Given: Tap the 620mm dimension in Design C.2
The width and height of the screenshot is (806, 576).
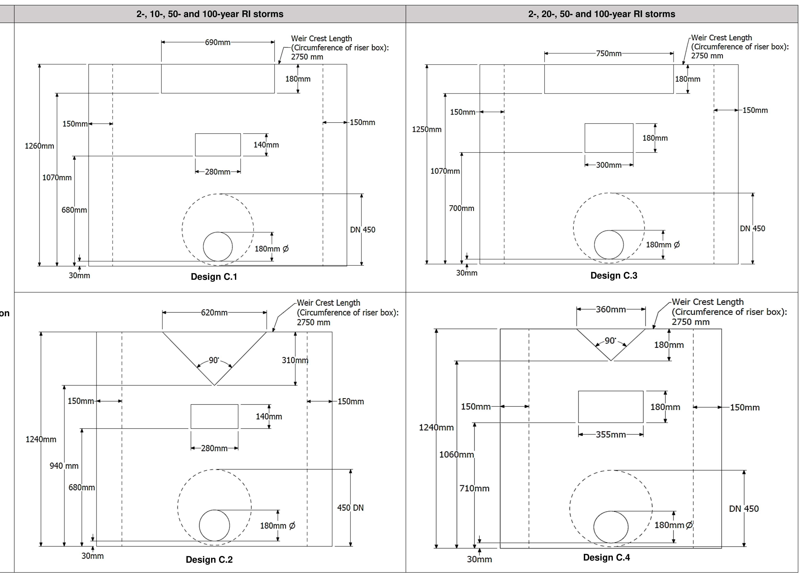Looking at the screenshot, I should (x=214, y=312).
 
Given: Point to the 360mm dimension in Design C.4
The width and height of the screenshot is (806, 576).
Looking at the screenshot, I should (x=611, y=309).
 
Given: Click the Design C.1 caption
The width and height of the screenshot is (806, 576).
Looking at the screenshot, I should (x=214, y=277).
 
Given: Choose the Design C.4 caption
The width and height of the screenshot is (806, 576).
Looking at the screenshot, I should (x=606, y=557).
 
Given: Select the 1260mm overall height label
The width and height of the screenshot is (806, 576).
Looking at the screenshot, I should (x=39, y=146).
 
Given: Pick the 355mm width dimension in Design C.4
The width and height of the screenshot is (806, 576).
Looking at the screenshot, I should (x=611, y=435).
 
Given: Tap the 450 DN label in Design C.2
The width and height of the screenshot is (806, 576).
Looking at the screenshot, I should (x=350, y=508).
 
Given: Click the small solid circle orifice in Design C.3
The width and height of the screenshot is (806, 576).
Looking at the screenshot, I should (x=609, y=245).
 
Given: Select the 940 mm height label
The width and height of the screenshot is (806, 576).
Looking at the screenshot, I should (x=64, y=466).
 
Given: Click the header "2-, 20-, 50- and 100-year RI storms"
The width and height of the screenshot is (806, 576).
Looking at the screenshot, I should (x=602, y=14).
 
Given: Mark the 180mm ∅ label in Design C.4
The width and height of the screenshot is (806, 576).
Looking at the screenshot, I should (x=673, y=525).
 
